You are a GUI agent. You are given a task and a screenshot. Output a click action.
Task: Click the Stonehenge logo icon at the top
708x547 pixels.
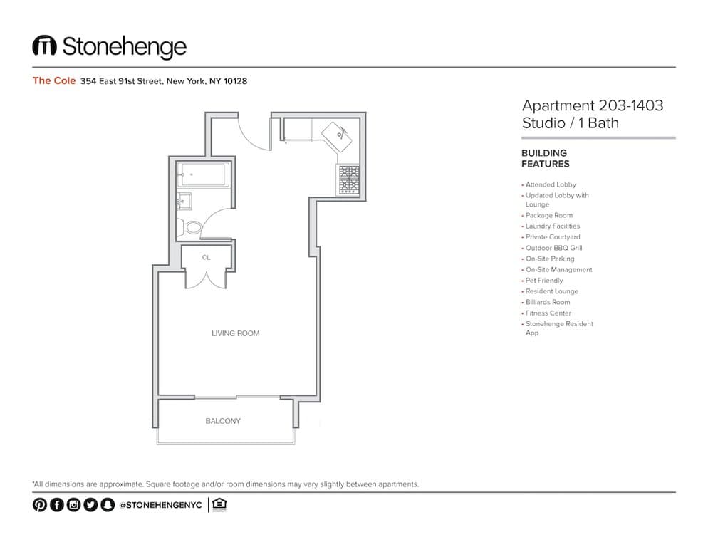click(x=44, y=46)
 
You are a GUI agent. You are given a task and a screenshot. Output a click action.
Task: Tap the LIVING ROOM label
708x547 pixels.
click(x=235, y=333)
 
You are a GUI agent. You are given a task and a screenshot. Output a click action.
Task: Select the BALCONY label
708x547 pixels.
click(x=223, y=421)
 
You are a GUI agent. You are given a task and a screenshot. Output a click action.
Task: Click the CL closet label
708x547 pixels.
click(x=206, y=258)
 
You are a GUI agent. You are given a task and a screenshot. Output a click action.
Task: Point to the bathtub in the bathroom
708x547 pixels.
click(x=203, y=174)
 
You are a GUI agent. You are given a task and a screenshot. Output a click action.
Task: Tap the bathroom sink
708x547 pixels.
click(x=183, y=202)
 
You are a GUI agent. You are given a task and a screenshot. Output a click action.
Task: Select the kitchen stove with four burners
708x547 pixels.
click(x=348, y=179)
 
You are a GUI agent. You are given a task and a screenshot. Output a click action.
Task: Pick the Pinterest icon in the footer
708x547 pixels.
click(x=39, y=505)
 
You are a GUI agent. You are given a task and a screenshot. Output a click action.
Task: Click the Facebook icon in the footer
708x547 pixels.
click(x=56, y=505)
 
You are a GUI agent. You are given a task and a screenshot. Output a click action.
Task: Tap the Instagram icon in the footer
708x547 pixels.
click(x=73, y=505)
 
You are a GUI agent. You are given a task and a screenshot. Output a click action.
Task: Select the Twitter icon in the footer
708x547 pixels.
click(x=90, y=505)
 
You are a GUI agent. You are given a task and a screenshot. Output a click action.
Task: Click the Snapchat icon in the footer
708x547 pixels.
click(x=108, y=505)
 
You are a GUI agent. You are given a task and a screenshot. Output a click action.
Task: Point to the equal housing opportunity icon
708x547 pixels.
click(x=219, y=505)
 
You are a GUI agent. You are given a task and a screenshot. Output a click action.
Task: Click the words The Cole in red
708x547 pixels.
click(x=53, y=81)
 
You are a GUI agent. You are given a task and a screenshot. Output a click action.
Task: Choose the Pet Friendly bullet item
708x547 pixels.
click(x=544, y=281)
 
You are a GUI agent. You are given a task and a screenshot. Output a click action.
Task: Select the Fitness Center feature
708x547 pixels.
click(x=548, y=313)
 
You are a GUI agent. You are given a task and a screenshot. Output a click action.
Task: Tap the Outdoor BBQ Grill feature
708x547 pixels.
click(x=554, y=248)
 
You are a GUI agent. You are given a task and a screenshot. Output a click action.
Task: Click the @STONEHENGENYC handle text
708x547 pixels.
click(x=161, y=505)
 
